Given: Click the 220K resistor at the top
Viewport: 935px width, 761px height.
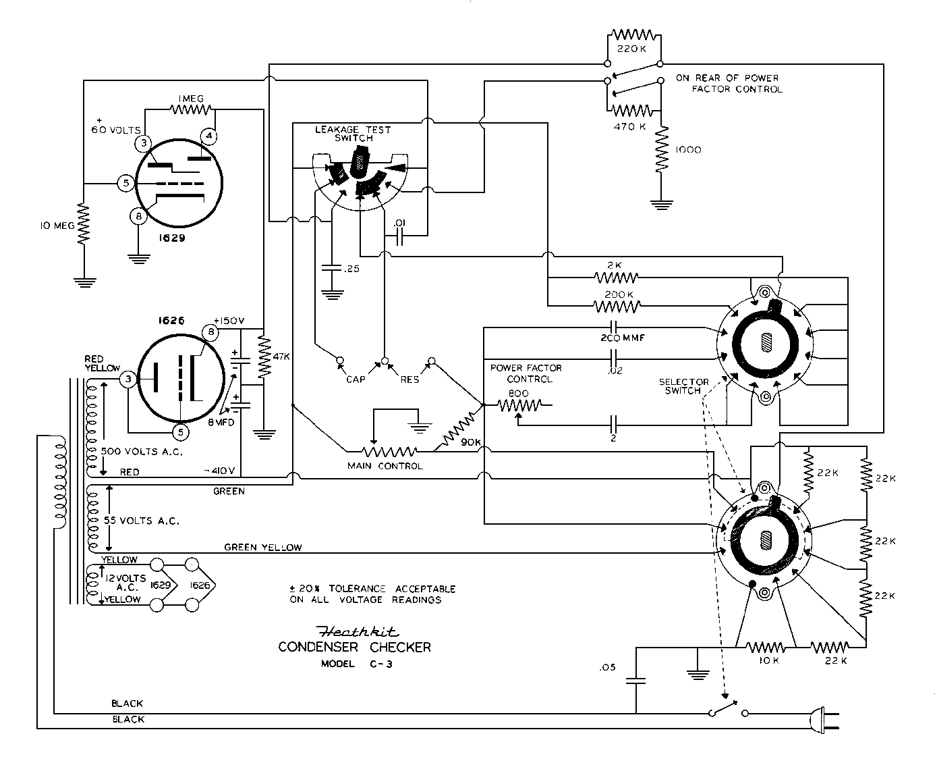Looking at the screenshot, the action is (634, 34).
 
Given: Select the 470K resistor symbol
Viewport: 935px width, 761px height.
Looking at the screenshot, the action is (633, 110).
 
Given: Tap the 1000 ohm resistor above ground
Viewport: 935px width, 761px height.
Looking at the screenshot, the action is (662, 149).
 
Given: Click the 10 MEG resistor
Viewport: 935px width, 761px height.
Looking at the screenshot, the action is (84, 224).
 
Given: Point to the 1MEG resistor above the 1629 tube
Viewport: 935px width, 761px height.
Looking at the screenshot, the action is (191, 109).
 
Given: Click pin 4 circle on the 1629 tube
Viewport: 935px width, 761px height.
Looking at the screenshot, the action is (209, 136).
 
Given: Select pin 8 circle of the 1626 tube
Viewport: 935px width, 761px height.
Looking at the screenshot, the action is (210, 332).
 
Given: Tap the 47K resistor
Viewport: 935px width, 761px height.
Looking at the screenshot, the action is (264, 357).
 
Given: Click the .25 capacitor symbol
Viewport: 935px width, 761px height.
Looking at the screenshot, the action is (331, 268).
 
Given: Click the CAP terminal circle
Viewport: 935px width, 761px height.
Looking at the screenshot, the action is (340, 361).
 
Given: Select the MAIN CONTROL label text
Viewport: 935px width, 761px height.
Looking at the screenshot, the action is (385, 466).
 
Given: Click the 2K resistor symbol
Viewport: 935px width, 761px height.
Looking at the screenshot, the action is (616, 278).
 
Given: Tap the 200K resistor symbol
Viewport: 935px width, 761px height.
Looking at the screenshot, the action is (617, 306).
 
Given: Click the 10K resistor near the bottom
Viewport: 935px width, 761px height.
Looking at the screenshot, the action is (766, 647).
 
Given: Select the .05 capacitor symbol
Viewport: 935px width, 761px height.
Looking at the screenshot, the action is (635, 681).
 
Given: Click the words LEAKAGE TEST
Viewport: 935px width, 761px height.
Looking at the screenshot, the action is (353, 130).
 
